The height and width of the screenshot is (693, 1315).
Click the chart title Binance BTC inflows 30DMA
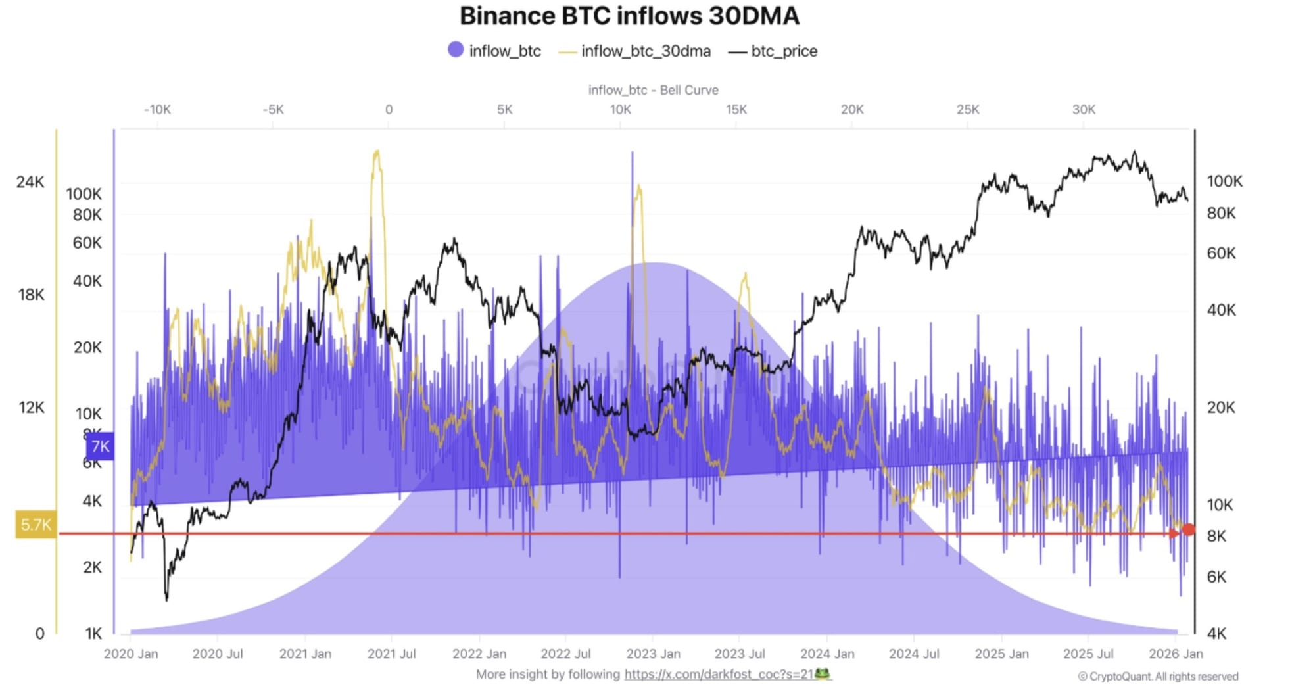[x=629, y=16]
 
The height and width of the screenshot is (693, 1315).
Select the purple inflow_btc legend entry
[x=494, y=51]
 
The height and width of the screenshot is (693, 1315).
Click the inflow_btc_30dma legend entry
[x=635, y=51]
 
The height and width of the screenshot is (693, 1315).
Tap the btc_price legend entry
[x=774, y=51]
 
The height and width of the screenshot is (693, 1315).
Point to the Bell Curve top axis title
[x=653, y=90]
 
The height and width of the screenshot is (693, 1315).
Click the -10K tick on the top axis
[x=157, y=110]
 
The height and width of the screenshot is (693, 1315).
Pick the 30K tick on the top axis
[x=1084, y=110]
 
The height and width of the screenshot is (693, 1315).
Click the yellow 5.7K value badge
[x=36, y=525]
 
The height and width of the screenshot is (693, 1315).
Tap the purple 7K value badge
[x=100, y=446]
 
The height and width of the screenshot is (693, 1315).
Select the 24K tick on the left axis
[x=30, y=182]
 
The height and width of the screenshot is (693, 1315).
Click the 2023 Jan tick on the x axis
[x=653, y=654]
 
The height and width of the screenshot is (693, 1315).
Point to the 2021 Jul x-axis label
[x=391, y=654]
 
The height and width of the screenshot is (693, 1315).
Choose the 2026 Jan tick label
[x=1176, y=654]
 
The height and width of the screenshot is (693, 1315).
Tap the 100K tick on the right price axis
[x=1224, y=181]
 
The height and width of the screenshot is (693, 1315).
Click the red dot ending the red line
[x=1188, y=529]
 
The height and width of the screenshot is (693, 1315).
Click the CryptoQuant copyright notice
[x=1158, y=677]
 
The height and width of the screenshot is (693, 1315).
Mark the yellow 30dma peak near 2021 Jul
[x=377, y=153]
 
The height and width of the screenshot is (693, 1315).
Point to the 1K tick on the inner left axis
[x=93, y=633]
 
